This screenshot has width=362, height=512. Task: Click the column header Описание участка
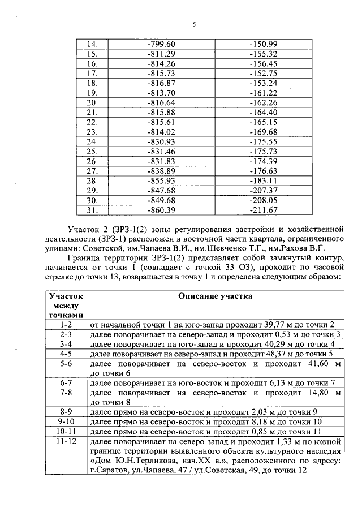click(214, 296)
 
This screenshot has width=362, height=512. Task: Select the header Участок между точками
click(66, 306)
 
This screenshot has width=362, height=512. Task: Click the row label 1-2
click(66, 324)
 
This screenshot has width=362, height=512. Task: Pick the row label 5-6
click(66, 363)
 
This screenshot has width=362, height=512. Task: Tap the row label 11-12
click(66, 441)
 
